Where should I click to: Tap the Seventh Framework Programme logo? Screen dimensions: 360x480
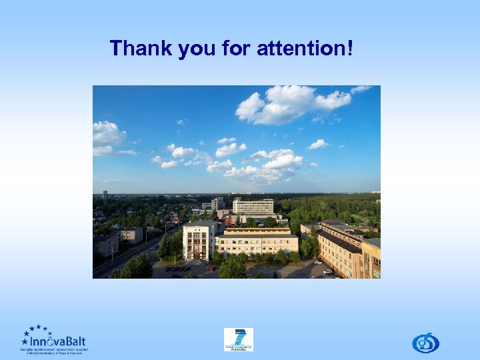[x=238, y=339]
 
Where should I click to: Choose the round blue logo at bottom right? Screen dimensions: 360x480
[x=425, y=342]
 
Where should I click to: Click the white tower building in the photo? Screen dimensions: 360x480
[x=198, y=240]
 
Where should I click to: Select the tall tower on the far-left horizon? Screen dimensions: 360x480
[x=105, y=195]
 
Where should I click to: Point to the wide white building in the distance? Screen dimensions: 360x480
[x=253, y=206]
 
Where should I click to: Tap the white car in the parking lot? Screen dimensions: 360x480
[x=327, y=271]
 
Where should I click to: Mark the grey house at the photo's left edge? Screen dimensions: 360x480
[x=105, y=245]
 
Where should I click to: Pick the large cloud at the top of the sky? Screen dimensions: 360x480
[x=287, y=104]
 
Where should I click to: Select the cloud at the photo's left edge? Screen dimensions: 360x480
[x=107, y=136]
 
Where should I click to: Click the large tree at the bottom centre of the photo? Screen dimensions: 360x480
[x=232, y=268]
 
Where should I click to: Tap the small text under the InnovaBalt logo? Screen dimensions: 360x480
[x=53, y=350]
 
